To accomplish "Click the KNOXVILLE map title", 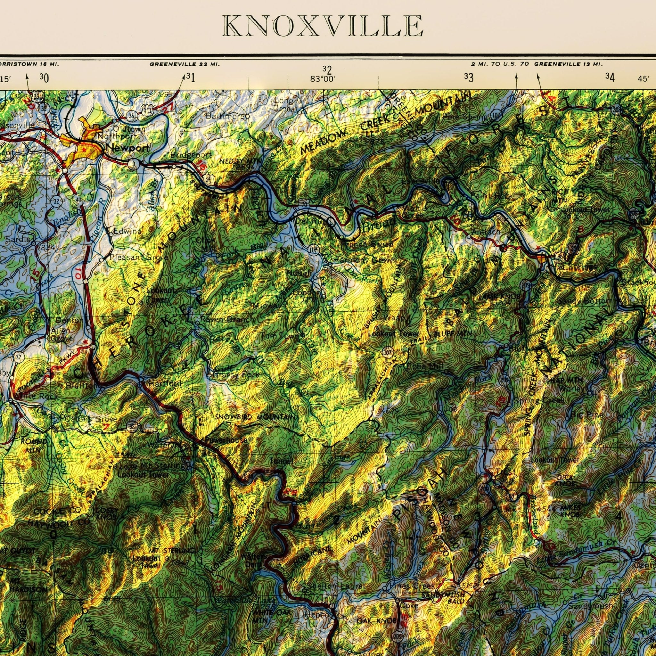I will pyautogui.click(x=323, y=26).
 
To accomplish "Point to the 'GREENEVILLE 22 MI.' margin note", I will pyautogui.click(x=185, y=64).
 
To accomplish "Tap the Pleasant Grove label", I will pyautogui.click(x=138, y=258).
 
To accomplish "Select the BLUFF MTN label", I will pyautogui.click(x=453, y=334).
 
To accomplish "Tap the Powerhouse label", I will pyautogui.click(x=226, y=440).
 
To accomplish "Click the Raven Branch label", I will pyautogui.click(x=226, y=319).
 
